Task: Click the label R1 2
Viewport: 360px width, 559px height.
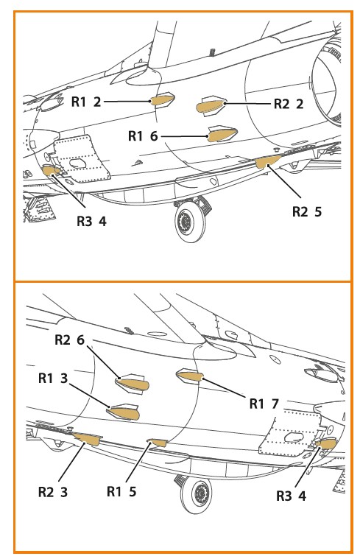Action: (x=86, y=102)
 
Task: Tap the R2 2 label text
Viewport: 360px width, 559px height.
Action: (x=289, y=104)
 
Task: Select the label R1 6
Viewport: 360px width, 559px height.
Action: (x=143, y=136)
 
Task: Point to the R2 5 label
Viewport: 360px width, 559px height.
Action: (x=306, y=212)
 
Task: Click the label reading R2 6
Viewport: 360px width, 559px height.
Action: (x=69, y=340)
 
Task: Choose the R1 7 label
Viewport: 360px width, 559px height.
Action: (x=264, y=404)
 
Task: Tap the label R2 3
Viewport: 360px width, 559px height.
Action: (x=53, y=492)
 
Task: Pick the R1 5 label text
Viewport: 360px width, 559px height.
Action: (x=121, y=492)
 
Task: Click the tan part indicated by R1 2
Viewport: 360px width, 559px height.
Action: (x=163, y=99)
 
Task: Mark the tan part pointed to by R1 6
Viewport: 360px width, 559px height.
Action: (x=222, y=135)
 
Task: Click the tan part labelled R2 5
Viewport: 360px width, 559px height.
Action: (x=268, y=161)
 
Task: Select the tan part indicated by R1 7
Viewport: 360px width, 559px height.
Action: (x=190, y=376)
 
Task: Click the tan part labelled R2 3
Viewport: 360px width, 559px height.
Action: (x=88, y=439)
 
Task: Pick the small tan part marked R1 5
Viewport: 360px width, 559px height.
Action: (x=158, y=443)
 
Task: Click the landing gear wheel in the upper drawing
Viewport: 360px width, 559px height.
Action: (x=191, y=222)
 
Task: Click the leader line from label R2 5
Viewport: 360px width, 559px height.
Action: (x=285, y=181)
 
